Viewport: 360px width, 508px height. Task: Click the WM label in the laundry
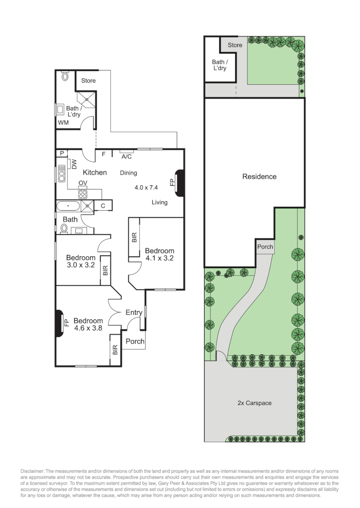[x=63, y=122]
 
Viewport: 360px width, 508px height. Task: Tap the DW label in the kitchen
[x=74, y=164]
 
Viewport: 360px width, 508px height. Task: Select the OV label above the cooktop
[x=82, y=183]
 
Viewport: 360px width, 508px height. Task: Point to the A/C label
[x=126, y=157]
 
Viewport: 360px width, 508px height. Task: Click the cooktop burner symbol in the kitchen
[x=83, y=194]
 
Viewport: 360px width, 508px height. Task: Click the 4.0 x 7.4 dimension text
[x=146, y=187]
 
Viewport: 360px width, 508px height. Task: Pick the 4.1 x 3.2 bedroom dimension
[x=159, y=258]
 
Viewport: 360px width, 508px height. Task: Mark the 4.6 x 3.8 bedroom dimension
[x=88, y=328]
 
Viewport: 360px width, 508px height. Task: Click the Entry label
[x=134, y=312]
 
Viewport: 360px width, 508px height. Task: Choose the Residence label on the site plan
[x=259, y=177]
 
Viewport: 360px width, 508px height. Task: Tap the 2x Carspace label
[x=254, y=403]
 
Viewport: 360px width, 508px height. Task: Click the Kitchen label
[x=95, y=173]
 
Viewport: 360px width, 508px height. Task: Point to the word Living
[x=160, y=202]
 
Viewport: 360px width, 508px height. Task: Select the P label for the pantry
[x=61, y=153]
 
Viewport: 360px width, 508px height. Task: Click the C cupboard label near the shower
[x=103, y=206]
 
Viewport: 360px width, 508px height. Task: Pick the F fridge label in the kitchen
[x=103, y=154]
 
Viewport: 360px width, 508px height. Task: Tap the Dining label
[x=128, y=173]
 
